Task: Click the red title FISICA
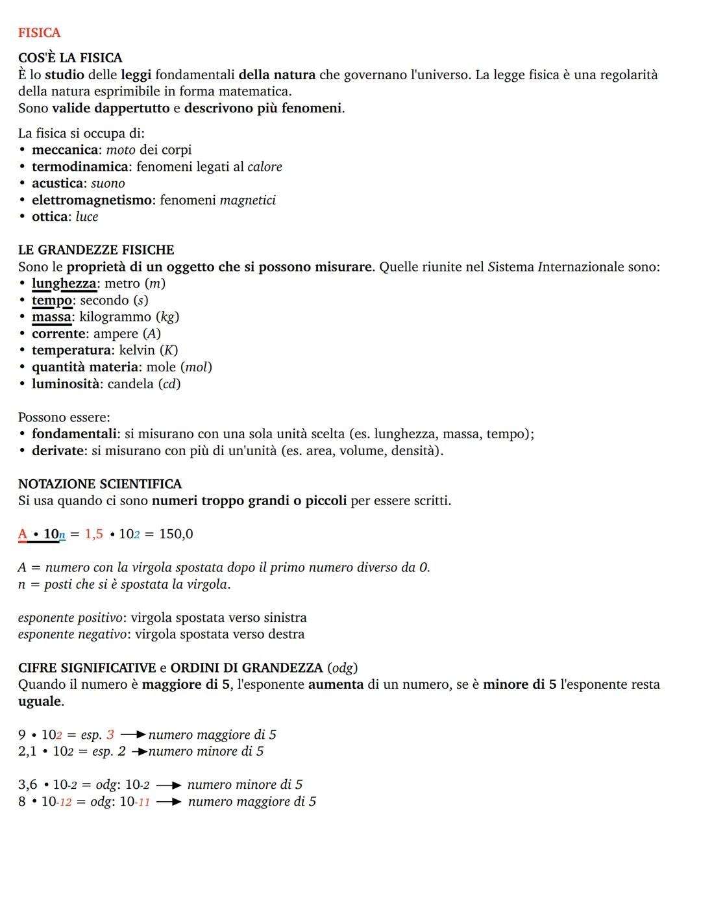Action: click(x=39, y=32)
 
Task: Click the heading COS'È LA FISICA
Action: click(x=70, y=58)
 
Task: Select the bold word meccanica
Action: click(x=64, y=150)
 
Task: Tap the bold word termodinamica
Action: click(x=80, y=167)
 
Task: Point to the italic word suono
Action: click(x=108, y=184)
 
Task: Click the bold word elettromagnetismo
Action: click(x=92, y=200)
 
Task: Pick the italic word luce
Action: click(x=87, y=217)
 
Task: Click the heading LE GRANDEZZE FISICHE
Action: click(x=96, y=250)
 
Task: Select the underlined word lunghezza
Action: click(x=64, y=284)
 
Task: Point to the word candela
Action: click(x=130, y=384)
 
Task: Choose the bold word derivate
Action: click(x=58, y=451)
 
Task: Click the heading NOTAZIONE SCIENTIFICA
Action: click(x=100, y=484)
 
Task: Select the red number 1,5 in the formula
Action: click(x=93, y=534)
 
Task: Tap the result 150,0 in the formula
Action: click(x=176, y=534)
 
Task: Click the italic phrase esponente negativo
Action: click(x=72, y=634)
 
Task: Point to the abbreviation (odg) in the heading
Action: click(x=342, y=668)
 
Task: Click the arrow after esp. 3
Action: click(x=132, y=735)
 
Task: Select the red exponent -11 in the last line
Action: click(x=143, y=803)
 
